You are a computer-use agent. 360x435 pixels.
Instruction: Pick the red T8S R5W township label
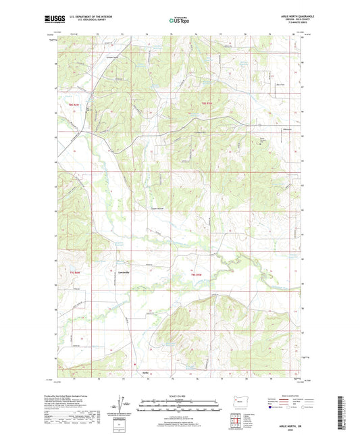(207, 103)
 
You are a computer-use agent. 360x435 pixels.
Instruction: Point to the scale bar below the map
(180, 403)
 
